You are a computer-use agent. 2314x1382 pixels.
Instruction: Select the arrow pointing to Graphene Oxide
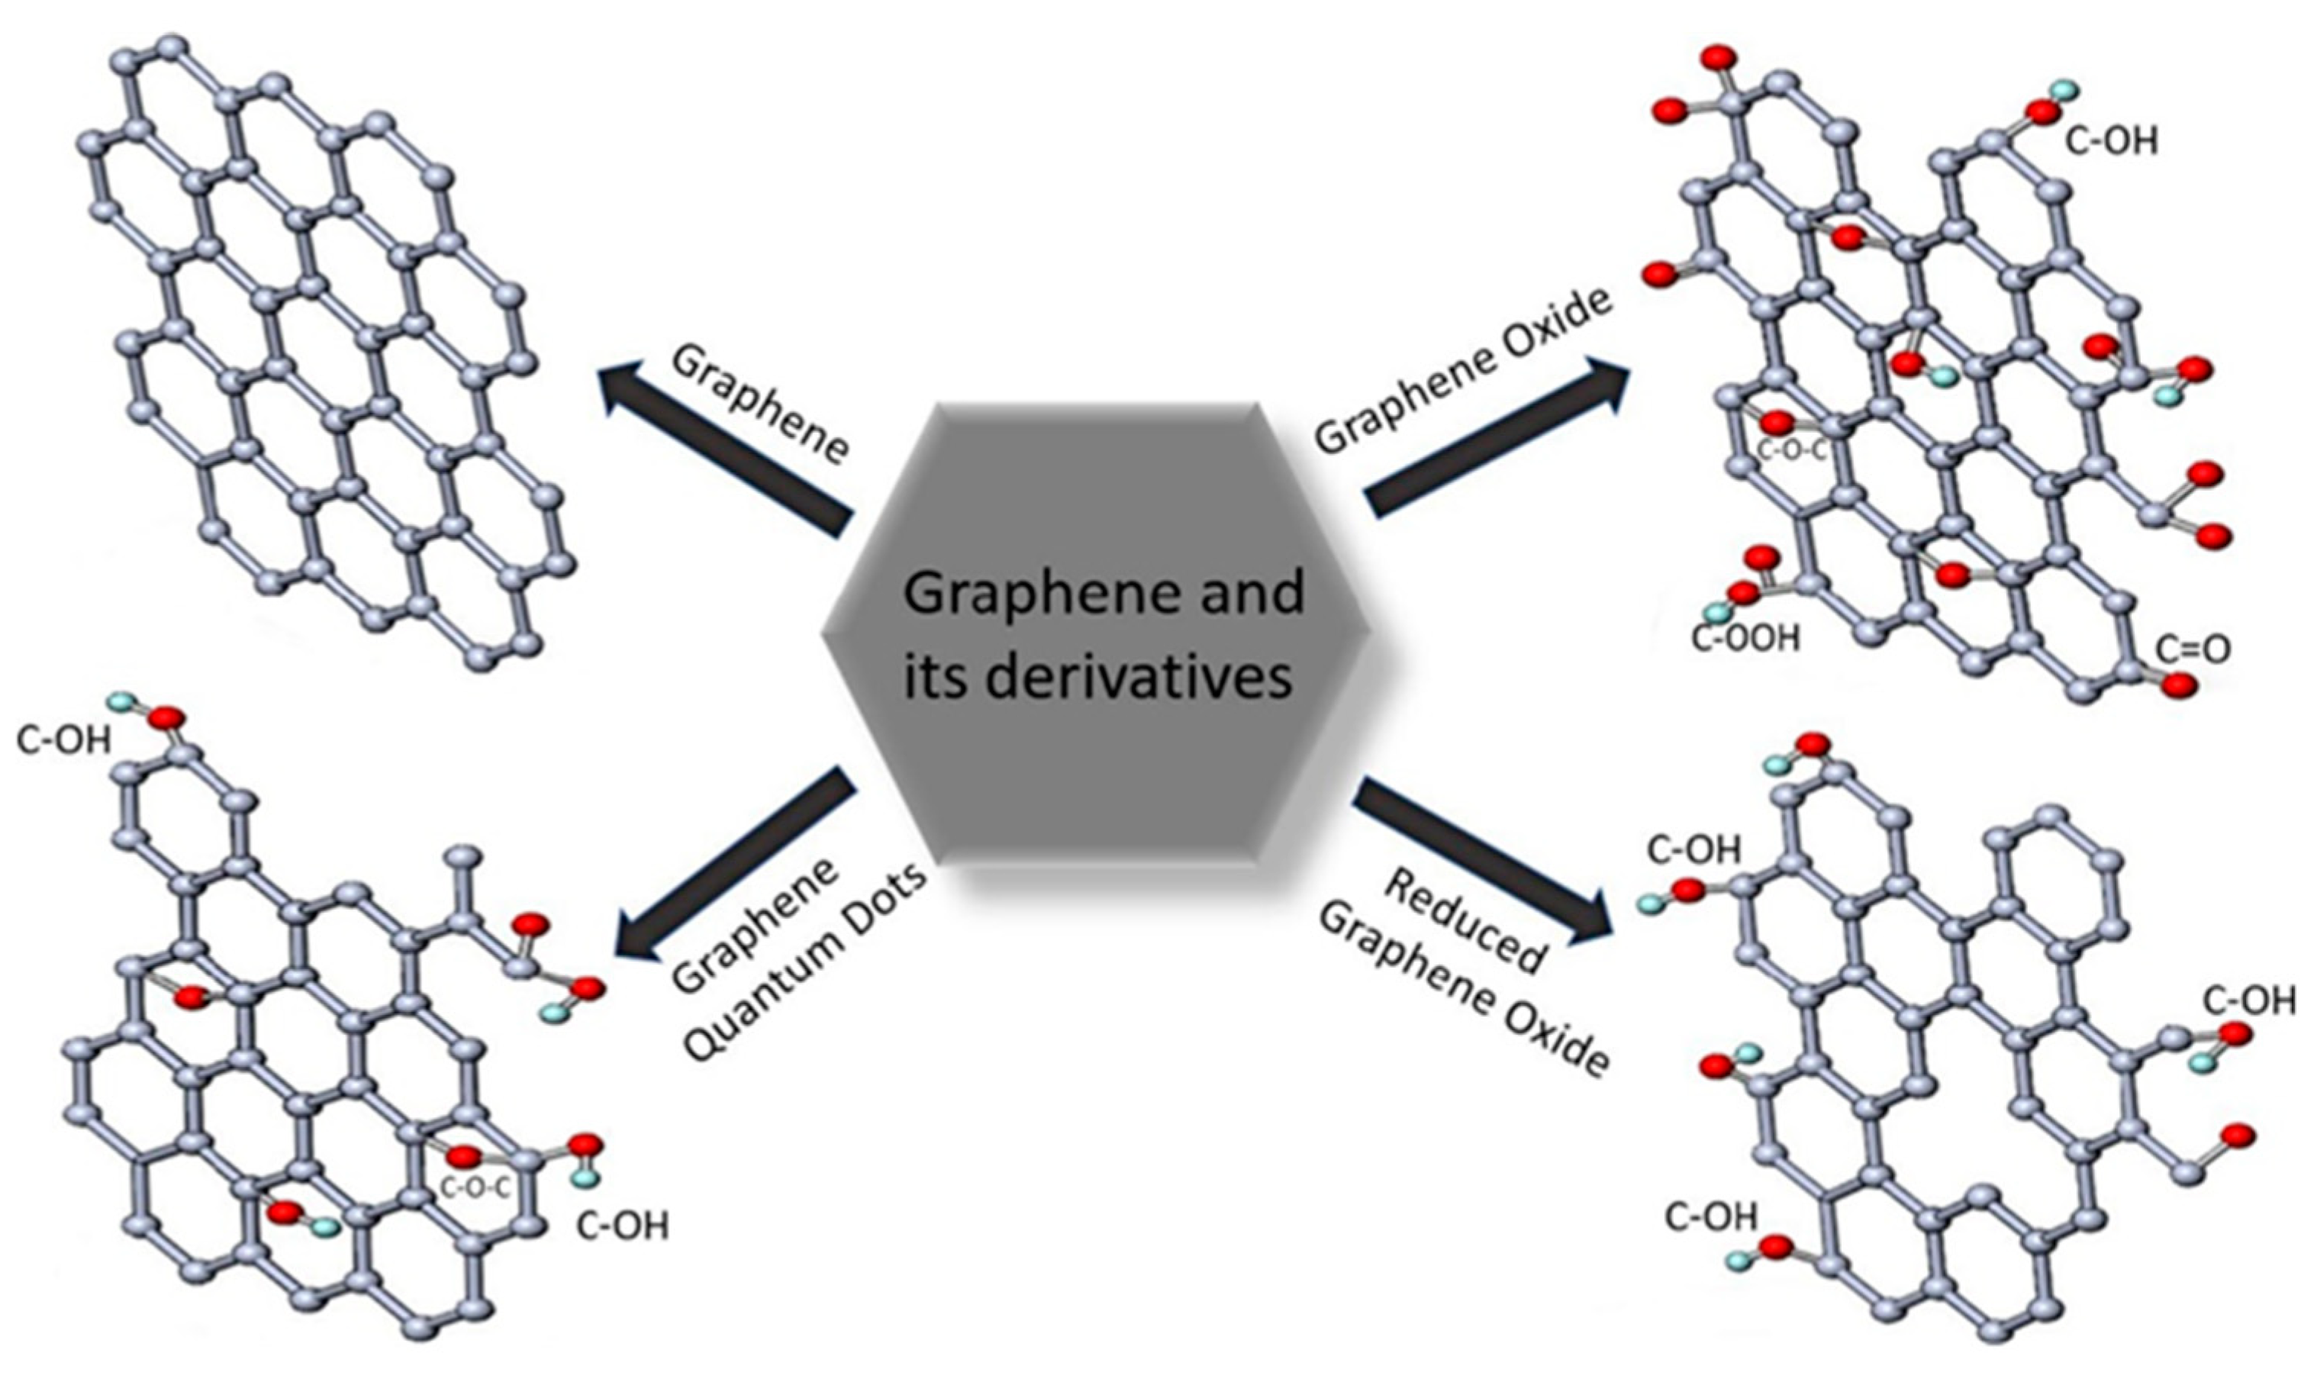[x=1499, y=438]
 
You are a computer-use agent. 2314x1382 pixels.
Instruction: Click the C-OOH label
[x=1745, y=639]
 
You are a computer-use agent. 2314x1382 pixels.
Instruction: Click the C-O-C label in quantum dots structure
[x=474, y=1188]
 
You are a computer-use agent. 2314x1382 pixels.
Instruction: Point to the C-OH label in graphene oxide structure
[x=2110, y=141]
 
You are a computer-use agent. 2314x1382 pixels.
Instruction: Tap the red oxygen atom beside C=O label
[x=2179, y=686]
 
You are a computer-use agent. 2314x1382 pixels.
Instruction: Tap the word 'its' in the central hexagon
[x=935, y=677]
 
